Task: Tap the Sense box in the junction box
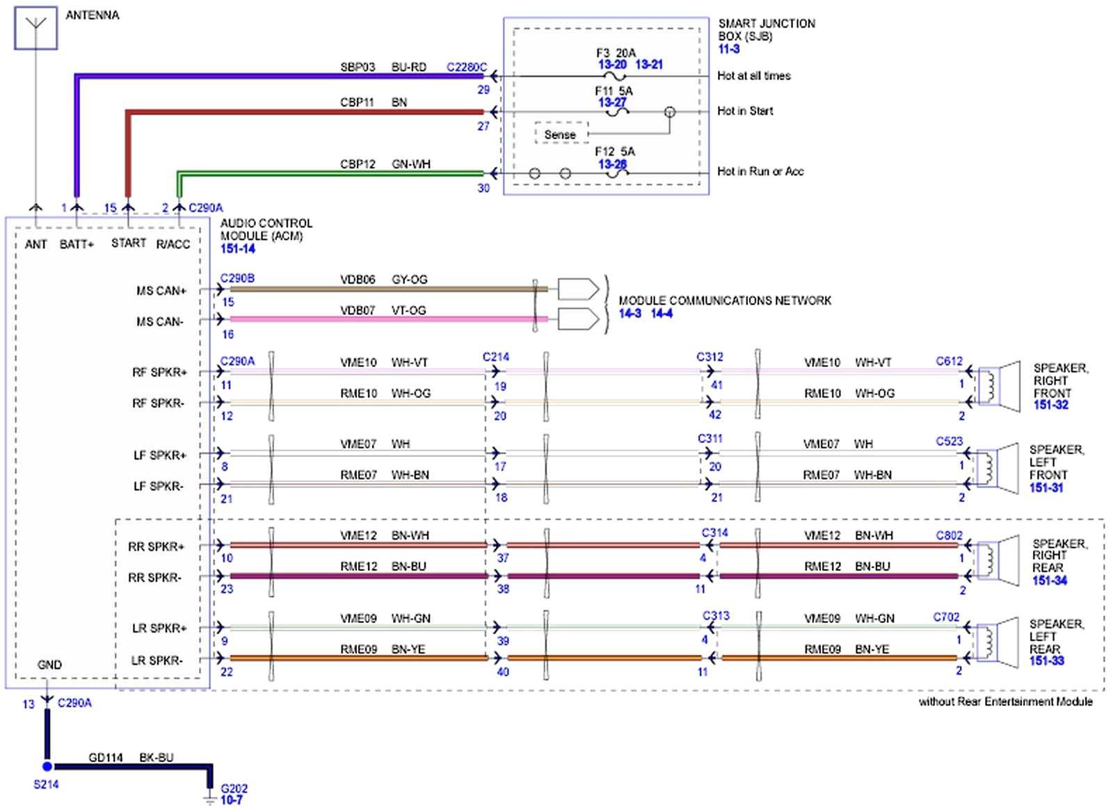tap(560, 134)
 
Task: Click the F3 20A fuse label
tap(616, 53)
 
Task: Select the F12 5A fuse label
tap(614, 152)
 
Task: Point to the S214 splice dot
tap(47, 766)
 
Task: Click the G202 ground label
tap(234, 789)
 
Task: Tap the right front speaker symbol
tap(1000, 386)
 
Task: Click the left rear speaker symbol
tap(998, 640)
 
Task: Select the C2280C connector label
tap(466, 67)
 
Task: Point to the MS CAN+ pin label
tap(161, 291)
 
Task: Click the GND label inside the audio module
tap(49, 665)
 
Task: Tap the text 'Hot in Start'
tap(745, 111)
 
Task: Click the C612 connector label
tap(949, 361)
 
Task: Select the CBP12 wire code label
tap(358, 164)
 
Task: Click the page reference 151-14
tap(238, 249)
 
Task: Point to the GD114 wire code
tap(106, 757)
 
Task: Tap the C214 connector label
tap(496, 357)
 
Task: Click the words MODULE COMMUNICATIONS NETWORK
tap(725, 300)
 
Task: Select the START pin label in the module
tap(129, 243)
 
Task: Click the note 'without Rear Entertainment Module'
tap(1005, 702)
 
